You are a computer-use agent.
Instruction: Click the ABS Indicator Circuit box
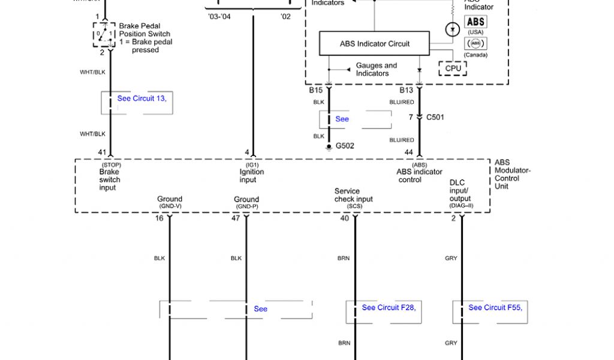click(374, 44)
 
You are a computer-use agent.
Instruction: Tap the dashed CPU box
click(453, 68)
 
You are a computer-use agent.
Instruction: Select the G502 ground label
click(345, 145)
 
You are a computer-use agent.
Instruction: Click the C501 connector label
click(435, 117)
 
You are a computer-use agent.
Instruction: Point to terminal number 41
click(102, 152)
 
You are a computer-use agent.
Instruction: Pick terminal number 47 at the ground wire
click(236, 218)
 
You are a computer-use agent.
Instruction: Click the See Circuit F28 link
click(388, 308)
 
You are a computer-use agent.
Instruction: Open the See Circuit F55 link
click(495, 308)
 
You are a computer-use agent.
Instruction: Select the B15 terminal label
click(316, 91)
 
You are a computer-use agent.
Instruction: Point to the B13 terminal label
click(407, 91)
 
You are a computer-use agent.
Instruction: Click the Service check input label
click(353, 196)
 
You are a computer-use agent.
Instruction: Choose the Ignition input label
click(251, 176)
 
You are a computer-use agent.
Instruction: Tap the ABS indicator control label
click(419, 176)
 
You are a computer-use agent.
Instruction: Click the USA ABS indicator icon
click(475, 22)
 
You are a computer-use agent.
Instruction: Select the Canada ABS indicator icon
click(475, 43)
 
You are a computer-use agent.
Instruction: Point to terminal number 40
click(344, 218)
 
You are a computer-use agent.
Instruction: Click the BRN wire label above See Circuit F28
click(344, 259)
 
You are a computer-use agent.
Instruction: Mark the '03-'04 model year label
click(219, 17)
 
